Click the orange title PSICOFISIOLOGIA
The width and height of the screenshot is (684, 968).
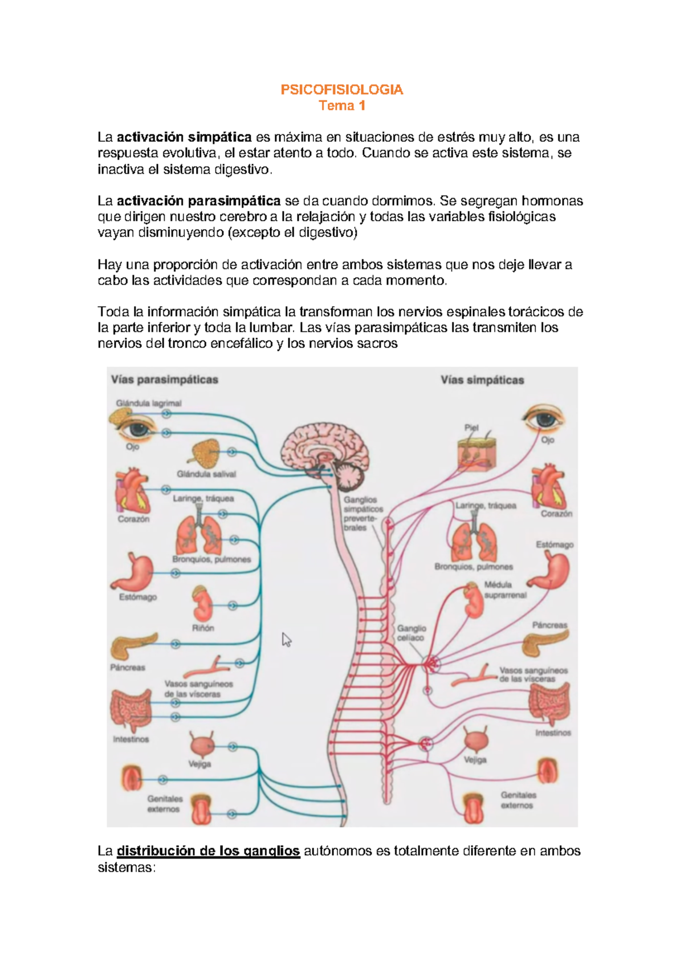pos(341,90)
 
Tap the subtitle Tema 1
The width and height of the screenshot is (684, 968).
pos(341,105)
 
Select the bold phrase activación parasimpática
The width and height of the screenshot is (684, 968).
pos(198,201)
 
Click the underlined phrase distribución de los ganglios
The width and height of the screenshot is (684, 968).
pos(208,851)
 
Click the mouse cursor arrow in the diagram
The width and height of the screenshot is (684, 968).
pos(286,640)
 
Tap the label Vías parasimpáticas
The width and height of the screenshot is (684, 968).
pos(165,380)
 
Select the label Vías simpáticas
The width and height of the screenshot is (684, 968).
pos(482,380)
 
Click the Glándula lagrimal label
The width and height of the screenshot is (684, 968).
pos(149,403)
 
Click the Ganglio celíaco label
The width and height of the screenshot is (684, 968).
pos(411,633)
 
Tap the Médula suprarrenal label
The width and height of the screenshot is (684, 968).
pos(505,589)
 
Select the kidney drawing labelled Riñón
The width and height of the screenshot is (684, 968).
pos(202,604)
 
